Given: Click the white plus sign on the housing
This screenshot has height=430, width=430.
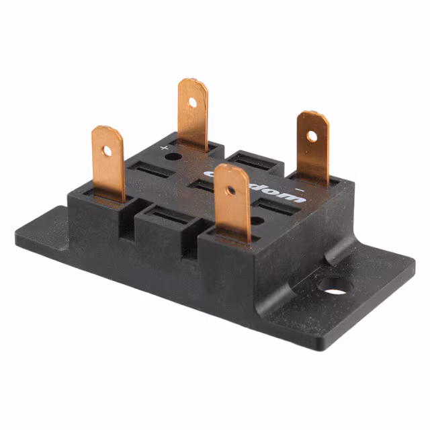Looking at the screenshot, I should [164, 146].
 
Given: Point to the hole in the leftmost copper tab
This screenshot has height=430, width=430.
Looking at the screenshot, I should [107, 150].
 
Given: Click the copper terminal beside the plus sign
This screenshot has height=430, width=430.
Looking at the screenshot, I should [193, 114].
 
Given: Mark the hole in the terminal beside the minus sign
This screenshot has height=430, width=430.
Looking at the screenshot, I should [312, 136].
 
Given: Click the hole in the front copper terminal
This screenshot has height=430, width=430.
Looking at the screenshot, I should [230, 190].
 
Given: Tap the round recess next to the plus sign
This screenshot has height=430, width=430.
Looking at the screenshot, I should [173, 157].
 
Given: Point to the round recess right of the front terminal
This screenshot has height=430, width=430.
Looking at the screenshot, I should [257, 220].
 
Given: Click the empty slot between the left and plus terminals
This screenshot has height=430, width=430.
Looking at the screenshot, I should [149, 169].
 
